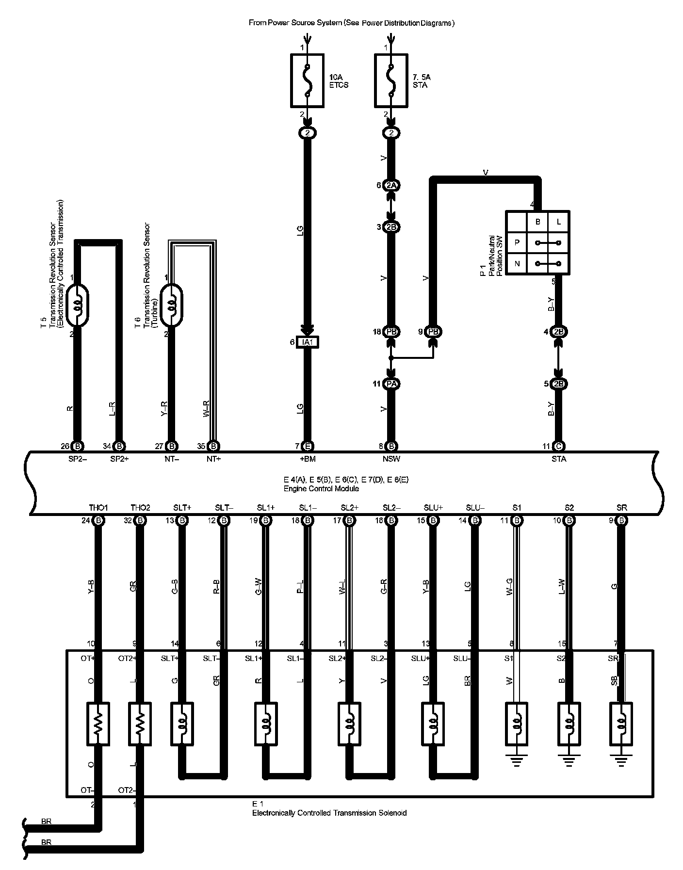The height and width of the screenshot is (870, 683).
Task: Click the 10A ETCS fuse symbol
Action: tap(307, 80)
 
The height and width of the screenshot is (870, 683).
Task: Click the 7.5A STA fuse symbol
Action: tap(391, 80)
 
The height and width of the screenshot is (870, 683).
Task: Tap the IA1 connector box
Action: tap(308, 342)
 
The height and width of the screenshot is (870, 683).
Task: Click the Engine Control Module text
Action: tap(321, 489)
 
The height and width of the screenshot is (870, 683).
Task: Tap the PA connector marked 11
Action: tap(391, 384)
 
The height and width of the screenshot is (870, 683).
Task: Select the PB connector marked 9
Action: tap(433, 332)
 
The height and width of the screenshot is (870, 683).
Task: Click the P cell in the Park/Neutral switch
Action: tap(517, 242)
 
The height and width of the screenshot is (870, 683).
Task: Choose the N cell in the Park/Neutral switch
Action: tap(517, 264)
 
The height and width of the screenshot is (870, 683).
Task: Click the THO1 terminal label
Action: tap(98, 508)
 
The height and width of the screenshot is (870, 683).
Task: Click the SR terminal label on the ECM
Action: tap(621, 508)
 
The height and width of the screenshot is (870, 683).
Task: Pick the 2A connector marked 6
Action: tap(391, 185)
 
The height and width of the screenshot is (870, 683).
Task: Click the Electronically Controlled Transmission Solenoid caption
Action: tap(329, 813)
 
